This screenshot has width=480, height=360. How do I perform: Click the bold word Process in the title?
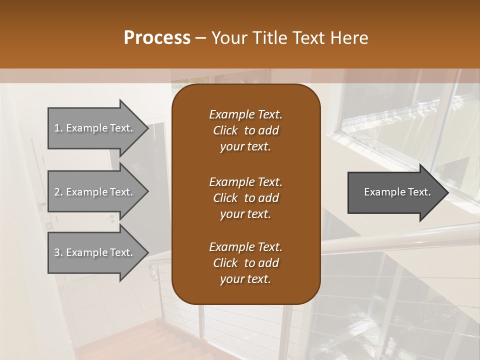coord(157,38)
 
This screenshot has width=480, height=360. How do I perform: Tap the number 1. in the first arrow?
coord(58,128)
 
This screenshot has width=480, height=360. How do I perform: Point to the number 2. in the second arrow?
coord(58,192)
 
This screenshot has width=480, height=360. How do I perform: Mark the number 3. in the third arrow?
coord(58,252)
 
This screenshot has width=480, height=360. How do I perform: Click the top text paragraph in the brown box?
coord(245,130)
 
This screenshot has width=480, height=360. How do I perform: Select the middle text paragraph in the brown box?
coord(245,197)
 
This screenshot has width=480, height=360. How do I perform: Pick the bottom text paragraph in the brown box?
coord(245,263)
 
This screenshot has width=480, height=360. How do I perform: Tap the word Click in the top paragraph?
coord(225,130)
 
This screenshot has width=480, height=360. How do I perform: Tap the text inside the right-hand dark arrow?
coord(397,192)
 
